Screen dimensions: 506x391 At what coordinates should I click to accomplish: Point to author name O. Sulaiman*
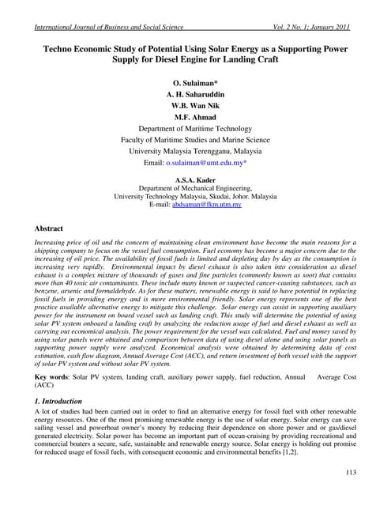click(x=195, y=82)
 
